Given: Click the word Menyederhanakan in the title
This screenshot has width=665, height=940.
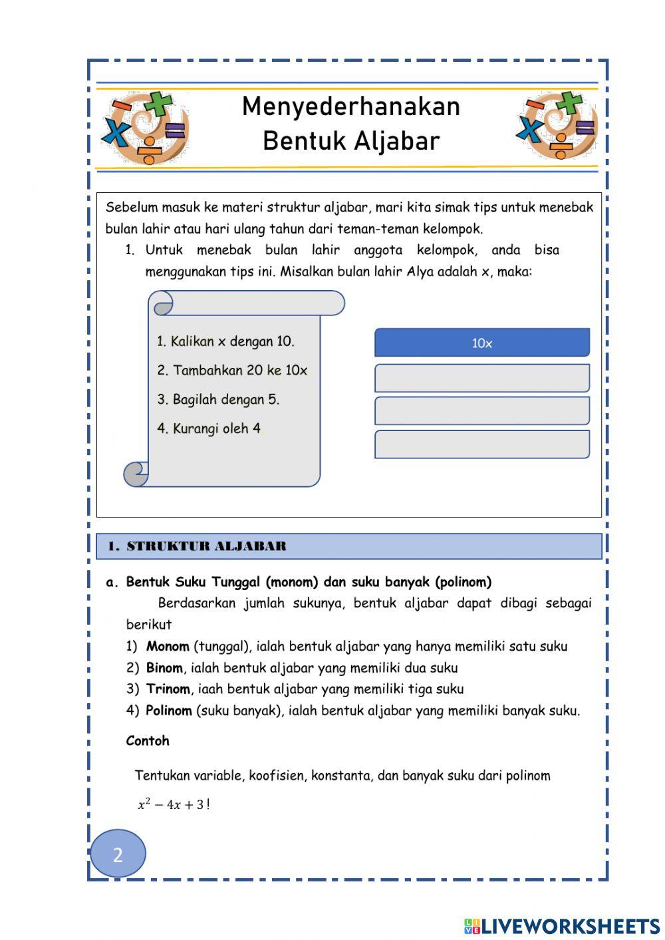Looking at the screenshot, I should tap(350, 106).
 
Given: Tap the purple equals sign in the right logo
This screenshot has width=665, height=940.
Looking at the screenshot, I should tap(585, 127).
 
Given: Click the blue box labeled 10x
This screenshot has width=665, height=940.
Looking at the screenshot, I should tap(482, 343).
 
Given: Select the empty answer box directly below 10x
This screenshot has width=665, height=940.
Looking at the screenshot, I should tap(482, 378).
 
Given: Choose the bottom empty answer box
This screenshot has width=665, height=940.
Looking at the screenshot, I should tap(482, 444).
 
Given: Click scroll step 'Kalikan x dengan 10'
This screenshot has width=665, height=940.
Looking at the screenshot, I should tap(225, 342).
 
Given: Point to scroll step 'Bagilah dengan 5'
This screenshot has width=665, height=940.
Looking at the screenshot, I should tap(218, 400).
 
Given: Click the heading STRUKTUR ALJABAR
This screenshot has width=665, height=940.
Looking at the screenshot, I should tap(206, 547).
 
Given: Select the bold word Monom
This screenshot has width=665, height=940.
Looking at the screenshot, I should tap(168, 647).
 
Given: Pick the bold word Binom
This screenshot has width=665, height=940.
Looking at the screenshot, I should tap(164, 668).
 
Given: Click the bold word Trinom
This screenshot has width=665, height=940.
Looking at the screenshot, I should tap(168, 689).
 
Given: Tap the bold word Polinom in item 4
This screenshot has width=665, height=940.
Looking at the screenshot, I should tap(169, 710).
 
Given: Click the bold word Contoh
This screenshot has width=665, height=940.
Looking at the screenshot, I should tap(148, 741).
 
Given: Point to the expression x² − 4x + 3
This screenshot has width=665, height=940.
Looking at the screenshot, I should tap(172, 805).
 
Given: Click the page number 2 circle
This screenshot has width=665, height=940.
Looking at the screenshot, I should tap(118, 854).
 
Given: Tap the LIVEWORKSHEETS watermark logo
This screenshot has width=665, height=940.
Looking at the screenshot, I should tap(562, 926).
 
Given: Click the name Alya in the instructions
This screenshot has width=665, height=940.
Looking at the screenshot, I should tap(420, 272).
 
